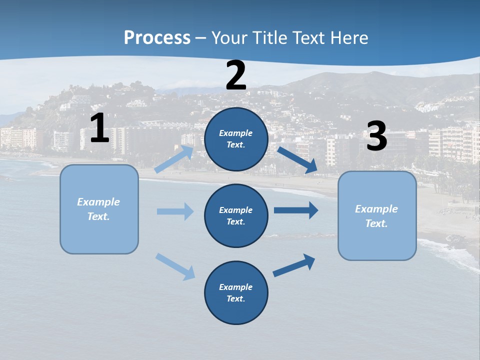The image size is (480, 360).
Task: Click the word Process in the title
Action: point(157,38)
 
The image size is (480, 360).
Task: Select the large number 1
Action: point(99,128)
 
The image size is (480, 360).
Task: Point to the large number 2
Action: point(236,75)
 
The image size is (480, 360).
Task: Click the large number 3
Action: point(377,136)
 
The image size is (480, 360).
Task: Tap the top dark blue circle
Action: point(236,139)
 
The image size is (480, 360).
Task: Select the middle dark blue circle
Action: point(236,215)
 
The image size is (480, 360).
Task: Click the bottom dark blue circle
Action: point(236,292)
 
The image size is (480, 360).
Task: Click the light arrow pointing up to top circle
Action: point(174,158)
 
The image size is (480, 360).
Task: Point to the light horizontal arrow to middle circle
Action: point(175,211)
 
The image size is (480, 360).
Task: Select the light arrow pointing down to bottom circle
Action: point(175,266)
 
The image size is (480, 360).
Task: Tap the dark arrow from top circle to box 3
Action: point(298,160)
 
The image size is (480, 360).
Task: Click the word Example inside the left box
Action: point(98,202)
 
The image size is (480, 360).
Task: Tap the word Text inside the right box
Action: point(376,223)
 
